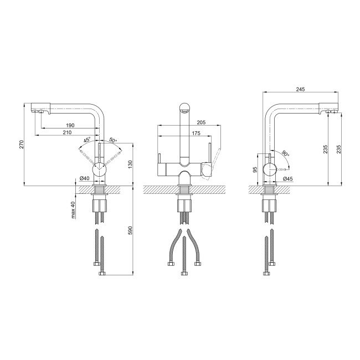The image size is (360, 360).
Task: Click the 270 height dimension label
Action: (22, 144)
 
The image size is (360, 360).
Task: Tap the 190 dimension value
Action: (70, 125)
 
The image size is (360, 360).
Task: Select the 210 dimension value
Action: (67, 132)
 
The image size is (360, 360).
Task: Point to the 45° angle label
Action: (87, 140)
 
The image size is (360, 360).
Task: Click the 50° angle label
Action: (113, 140)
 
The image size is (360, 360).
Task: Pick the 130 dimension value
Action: (130, 165)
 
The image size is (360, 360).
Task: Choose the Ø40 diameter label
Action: (84, 178)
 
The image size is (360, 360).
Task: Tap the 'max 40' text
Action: (73, 209)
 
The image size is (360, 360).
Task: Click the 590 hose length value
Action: (130, 230)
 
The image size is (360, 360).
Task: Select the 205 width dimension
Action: (201, 122)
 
